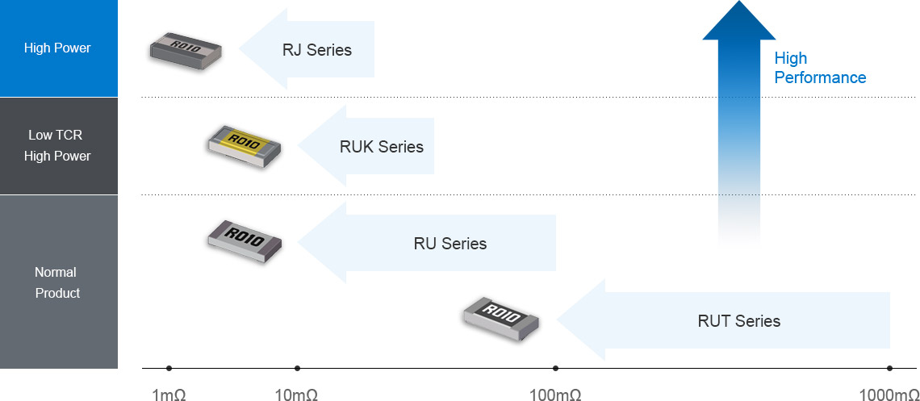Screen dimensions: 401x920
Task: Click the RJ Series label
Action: click(316, 50)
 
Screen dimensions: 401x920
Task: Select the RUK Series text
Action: click(381, 147)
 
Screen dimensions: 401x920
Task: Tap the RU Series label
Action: click(450, 244)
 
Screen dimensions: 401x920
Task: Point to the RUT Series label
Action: click(738, 321)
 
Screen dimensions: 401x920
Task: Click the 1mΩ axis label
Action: click(169, 395)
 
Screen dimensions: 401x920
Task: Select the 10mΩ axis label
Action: click(296, 395)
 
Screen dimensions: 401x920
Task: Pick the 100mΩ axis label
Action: click(554, 395)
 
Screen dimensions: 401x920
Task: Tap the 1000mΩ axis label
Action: click(889, 395)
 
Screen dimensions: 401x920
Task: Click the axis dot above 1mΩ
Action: click(169, 369)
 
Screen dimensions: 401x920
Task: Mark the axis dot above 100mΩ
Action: click(555, 369)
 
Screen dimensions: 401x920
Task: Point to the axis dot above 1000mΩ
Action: click(889, 369)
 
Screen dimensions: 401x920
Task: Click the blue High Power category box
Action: click(58, 48)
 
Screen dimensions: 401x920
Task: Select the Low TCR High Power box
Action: click(58, 146)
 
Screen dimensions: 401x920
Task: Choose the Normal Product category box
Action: click(58, 282)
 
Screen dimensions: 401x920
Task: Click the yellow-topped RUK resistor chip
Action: click(243, 146)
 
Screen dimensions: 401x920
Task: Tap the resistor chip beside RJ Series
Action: click(185, 50)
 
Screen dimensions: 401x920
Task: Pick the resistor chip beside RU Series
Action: click(244, 240)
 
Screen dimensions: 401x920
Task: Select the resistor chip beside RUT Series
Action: click(500, 317)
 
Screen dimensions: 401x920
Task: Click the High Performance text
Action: click(819, 68)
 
